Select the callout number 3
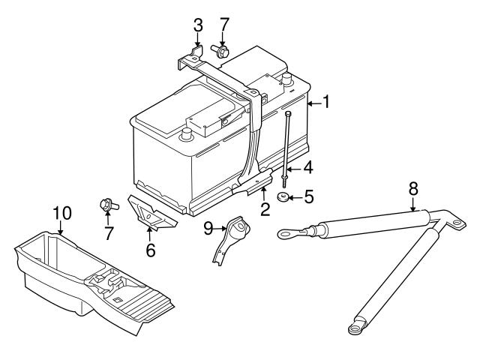coord(198,25)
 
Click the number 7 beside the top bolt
coord(223,25)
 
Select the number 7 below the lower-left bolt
coord(109,233)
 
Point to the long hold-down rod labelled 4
coord(287,150)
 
